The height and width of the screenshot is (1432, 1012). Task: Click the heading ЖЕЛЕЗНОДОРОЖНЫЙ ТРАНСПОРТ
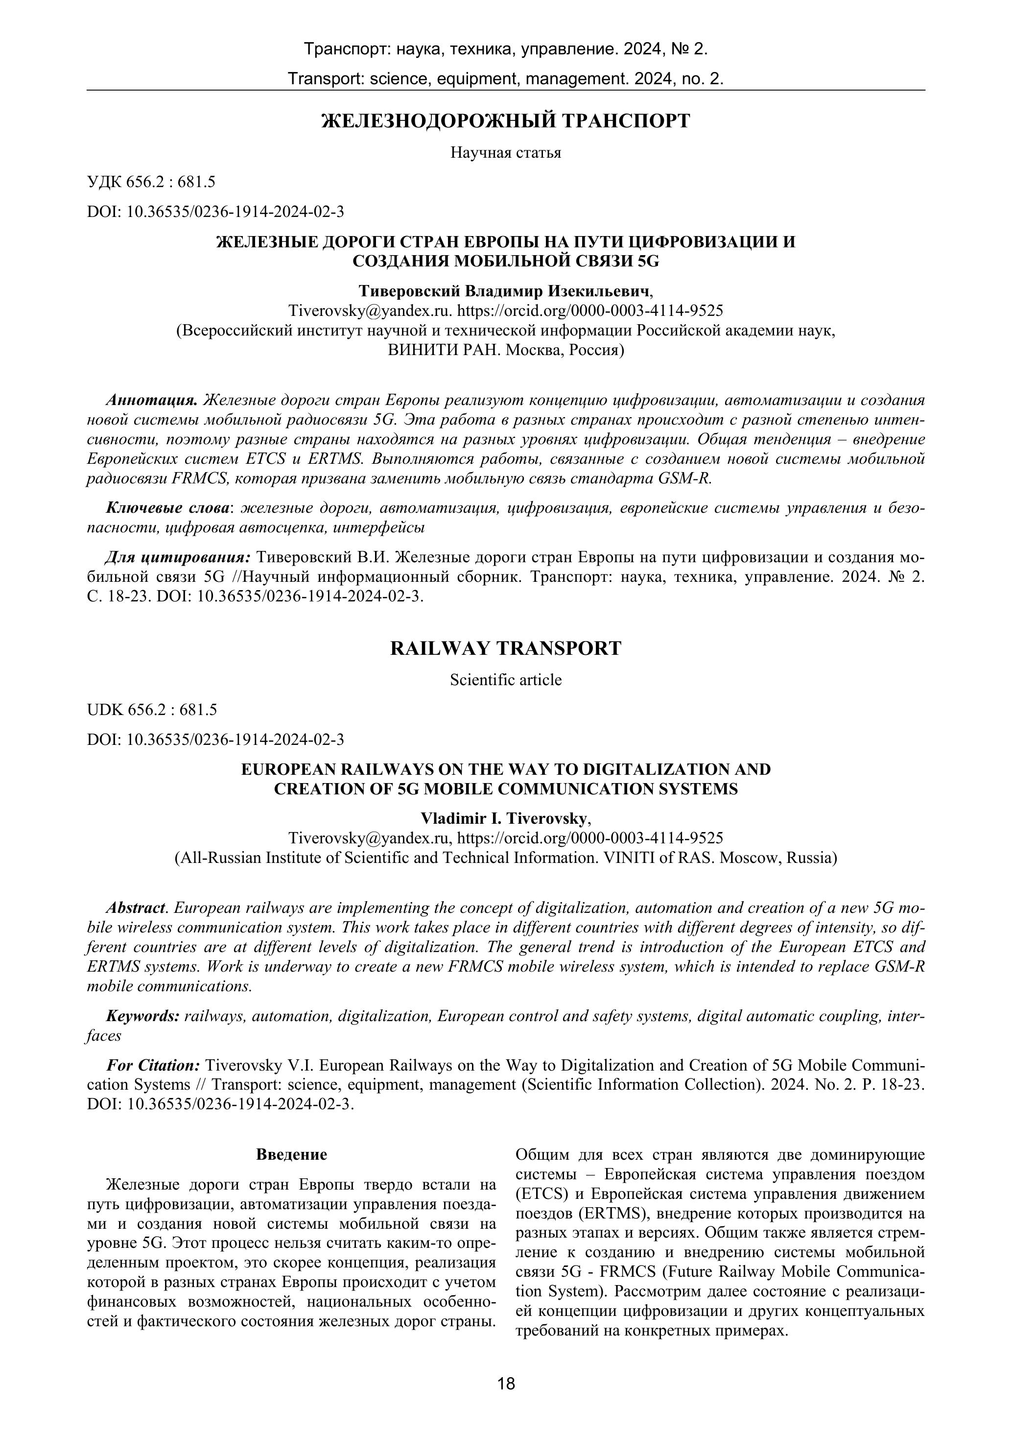(506, 120)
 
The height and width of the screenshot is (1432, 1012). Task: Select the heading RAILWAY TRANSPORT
(506, 648)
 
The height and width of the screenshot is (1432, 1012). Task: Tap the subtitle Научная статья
(506, 153)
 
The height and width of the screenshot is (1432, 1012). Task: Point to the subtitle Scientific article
(506, 680)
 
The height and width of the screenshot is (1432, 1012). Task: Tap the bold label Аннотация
(152, 400)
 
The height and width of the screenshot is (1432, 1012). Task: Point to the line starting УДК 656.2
(151, 182)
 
